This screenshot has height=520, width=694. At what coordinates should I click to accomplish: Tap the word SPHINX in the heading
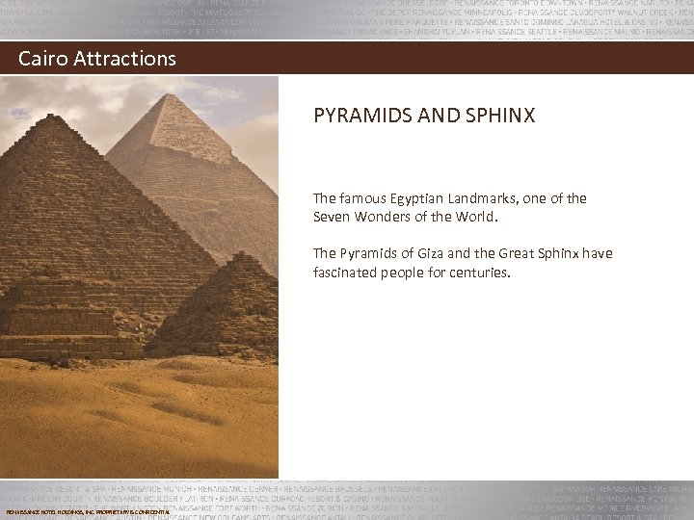coord(500,117)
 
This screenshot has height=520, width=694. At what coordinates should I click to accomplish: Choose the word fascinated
coord(348,272)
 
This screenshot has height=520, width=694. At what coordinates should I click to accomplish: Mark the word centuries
coord(479,272)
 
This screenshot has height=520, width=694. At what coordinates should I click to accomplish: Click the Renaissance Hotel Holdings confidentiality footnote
coord(88,511)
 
